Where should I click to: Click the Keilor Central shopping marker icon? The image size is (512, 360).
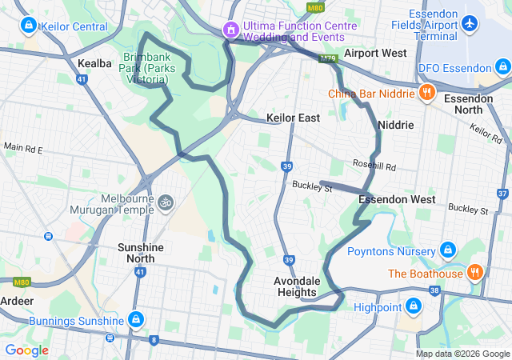29,26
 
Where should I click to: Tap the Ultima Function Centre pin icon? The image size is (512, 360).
232,30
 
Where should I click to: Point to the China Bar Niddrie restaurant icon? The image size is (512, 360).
427,93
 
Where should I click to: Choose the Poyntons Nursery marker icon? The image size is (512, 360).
447,250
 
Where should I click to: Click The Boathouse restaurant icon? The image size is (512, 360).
474,273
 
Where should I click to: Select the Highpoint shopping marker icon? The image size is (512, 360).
414,306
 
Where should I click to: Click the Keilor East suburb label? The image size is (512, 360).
293,118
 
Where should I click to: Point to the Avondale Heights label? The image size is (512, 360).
297,286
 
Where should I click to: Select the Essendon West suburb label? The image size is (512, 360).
397,198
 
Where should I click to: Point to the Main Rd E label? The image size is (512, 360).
22,148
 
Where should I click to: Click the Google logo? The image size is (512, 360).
26,350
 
